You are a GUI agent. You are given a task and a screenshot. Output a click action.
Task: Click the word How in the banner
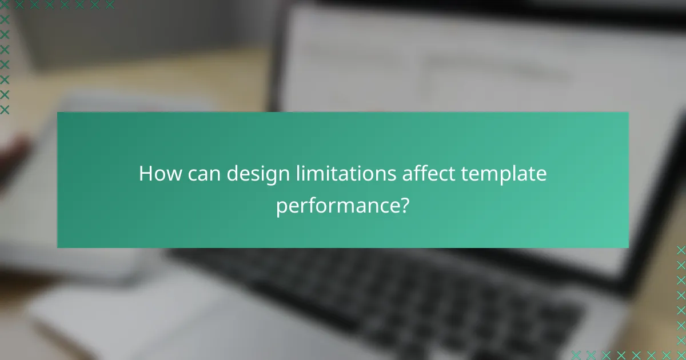(157, 174)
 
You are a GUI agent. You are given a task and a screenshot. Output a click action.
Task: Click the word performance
(338, 206)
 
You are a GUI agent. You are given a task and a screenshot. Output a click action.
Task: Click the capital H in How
(145, 174)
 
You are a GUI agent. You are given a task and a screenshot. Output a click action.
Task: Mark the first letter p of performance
(281, 207)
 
